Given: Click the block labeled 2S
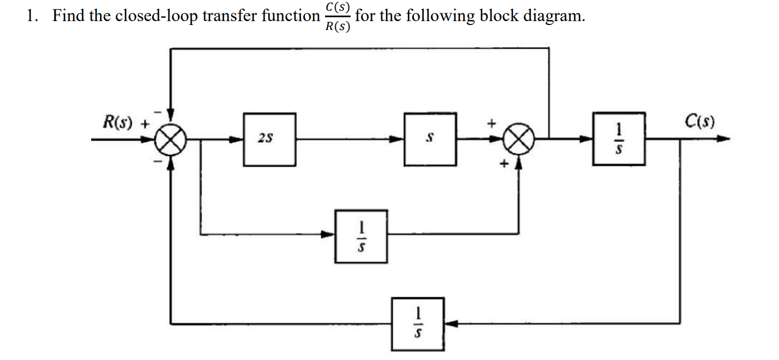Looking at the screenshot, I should click(269, 139).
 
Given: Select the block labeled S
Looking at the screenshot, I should click(430, 139).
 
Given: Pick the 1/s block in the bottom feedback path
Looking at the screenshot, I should click(417, 324).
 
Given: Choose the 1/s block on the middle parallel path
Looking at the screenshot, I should click(361, 236).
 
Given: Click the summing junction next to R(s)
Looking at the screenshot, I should click(171, 139).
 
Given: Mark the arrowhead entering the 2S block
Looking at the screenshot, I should click(237, 139).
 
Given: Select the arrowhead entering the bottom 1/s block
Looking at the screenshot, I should click(451, 323).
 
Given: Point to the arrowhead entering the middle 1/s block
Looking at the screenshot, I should click(329, 234).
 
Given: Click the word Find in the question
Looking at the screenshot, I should click(69, 16).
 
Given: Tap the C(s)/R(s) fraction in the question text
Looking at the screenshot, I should click(338, 17).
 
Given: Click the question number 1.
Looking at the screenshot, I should click(32, 16).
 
